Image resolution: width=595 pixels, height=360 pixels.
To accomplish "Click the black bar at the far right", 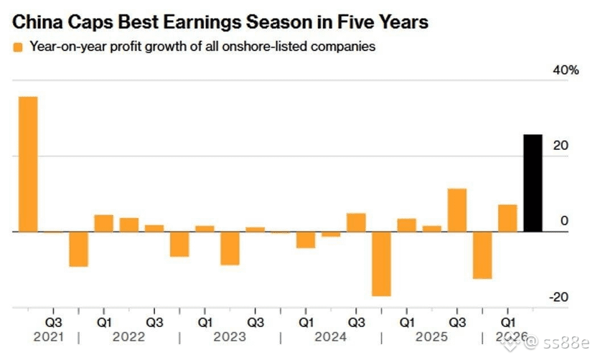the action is [x=533, y=183].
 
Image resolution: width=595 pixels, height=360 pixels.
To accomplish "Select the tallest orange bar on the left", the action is [x=28, y=164].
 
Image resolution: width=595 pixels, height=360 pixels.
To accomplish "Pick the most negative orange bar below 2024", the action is [x=381, y=264].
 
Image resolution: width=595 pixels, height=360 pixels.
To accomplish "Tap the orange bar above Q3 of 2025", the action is [x=457, y=210].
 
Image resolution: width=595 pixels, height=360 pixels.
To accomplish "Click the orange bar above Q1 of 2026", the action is [x=507, y=218].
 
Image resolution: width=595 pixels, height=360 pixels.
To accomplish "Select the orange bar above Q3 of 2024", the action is [x=356, y=222].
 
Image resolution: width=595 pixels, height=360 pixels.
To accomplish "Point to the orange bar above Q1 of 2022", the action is [x=104, y=223].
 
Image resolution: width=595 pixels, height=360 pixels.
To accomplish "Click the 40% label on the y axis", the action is [x=566, y=70].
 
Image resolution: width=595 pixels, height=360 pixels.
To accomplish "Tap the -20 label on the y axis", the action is [x=558, y=297].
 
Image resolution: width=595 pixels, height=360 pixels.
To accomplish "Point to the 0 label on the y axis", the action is [x=564, y=221].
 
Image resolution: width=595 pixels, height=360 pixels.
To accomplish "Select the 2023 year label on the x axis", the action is [x=230, y=336].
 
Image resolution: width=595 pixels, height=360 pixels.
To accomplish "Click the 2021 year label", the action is [x=49, y=336].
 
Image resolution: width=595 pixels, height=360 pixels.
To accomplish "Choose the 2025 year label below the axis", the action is [x=431, y=336].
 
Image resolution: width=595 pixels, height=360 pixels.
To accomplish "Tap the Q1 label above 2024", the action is [x=306, y=323].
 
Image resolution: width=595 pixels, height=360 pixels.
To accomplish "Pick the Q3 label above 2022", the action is [x=154, y=323].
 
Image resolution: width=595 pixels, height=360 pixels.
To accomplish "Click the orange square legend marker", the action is [x=18, y=47].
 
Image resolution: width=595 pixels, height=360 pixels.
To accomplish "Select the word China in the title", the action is [x=37, y=22].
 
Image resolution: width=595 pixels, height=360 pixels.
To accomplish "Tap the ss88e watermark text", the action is [x=566, y=343].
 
